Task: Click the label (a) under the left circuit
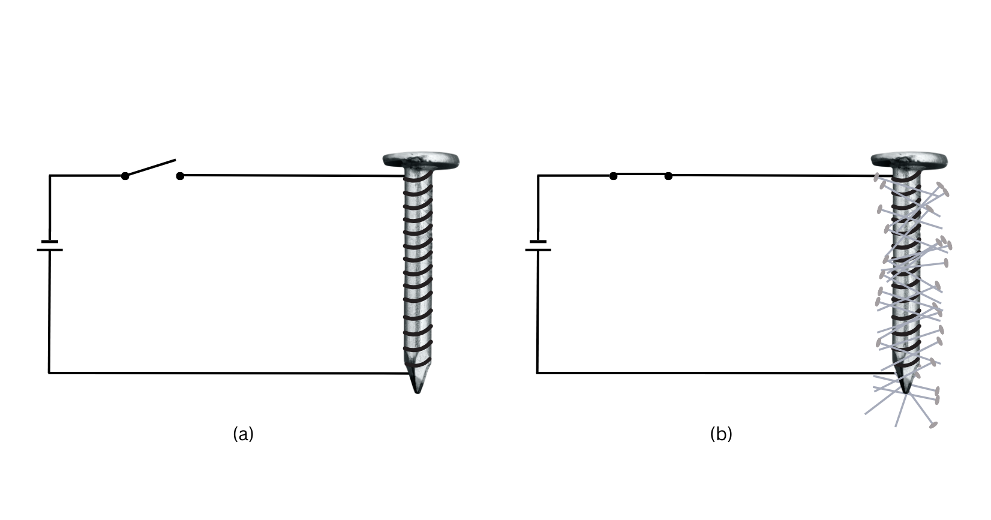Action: coord(244,434)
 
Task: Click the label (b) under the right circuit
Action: coord(721,434)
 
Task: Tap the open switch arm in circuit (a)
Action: coord(151,168)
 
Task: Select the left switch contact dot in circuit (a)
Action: coord(125,176)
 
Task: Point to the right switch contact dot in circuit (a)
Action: coord(180,176)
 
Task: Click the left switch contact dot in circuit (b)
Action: coord(613,176)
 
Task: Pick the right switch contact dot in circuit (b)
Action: coord(668,176)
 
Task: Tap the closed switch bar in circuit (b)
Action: coord(641,175)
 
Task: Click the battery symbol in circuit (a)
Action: coord(50,246)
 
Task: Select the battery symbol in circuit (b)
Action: coord(538,246)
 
